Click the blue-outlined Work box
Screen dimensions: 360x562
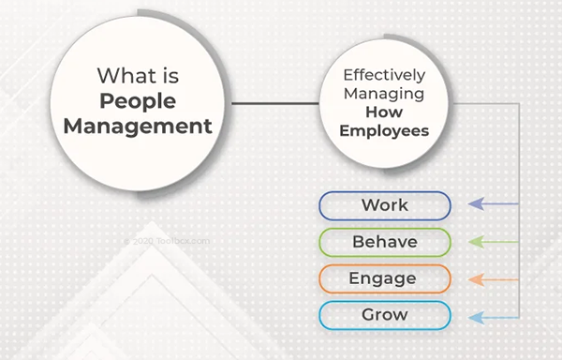coord(385,205)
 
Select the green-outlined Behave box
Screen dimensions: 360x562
coord(385,242)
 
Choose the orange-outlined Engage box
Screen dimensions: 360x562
coord(385,278)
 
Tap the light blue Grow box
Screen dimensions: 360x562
coord(385,315)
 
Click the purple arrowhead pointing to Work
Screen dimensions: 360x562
coord(476,204)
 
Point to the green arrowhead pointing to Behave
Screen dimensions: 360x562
coord(476,242)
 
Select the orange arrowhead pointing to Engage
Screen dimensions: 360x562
coord(476,279)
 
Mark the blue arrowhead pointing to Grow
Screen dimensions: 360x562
coord(476,317)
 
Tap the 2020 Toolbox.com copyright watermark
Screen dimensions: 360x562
coord(168,240)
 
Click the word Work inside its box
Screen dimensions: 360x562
coord(385,205)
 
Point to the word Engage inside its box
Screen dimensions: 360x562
coord(385,278)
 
